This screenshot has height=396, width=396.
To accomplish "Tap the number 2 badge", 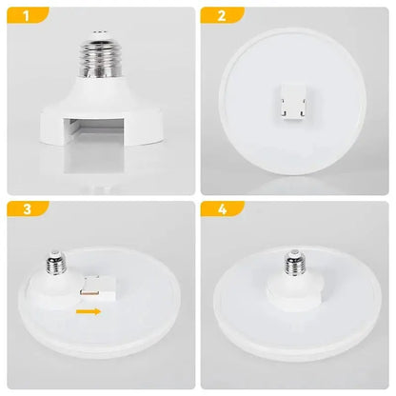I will [221, 16].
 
